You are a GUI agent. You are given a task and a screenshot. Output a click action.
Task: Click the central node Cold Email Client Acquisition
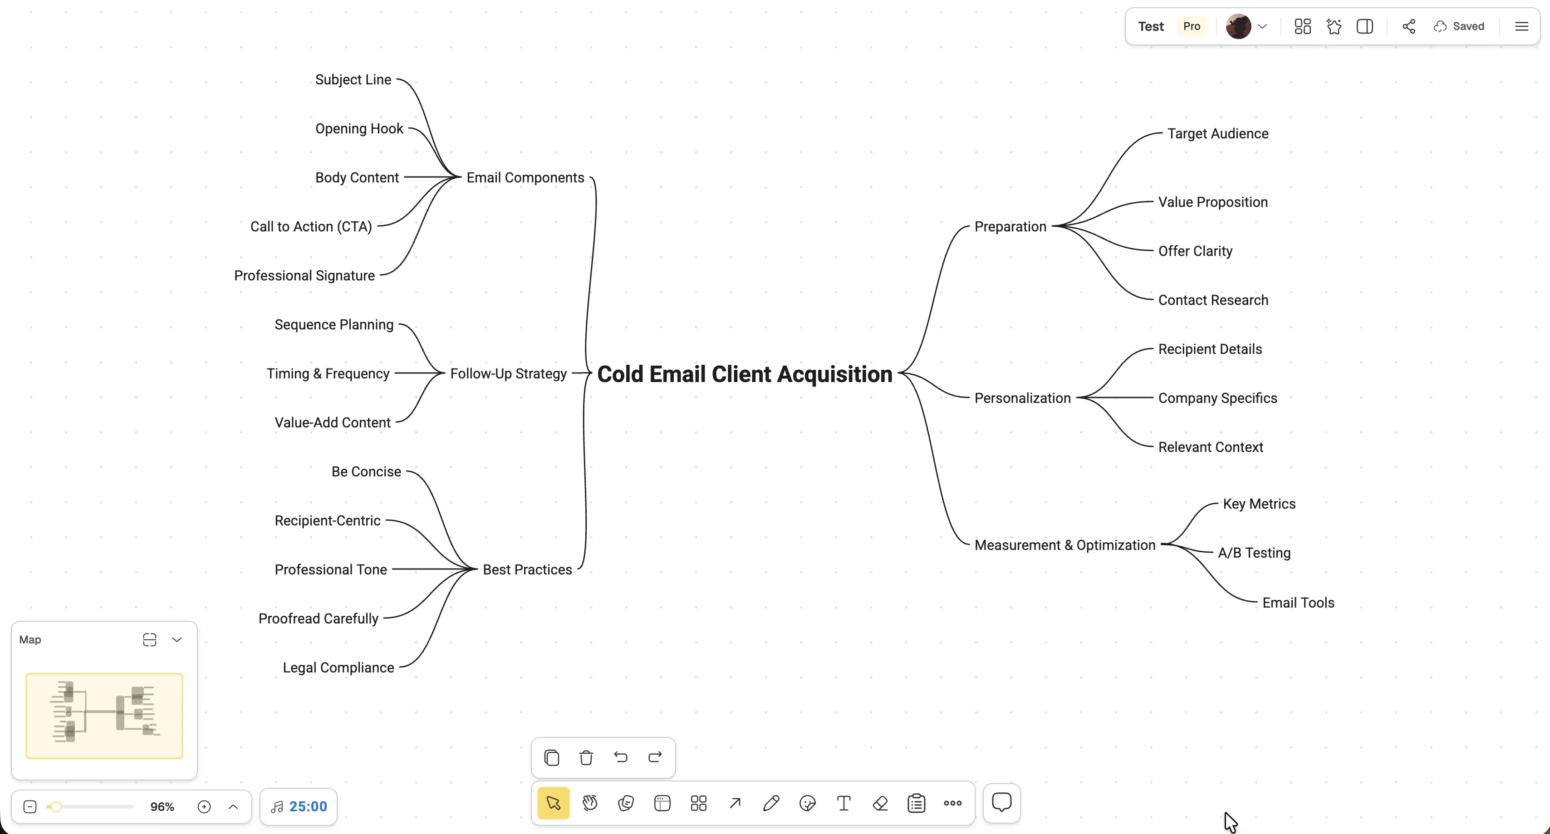coord(744,374)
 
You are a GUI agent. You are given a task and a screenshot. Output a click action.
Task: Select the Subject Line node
coord(353,79)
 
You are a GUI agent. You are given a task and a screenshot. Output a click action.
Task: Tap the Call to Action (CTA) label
coord(311,226)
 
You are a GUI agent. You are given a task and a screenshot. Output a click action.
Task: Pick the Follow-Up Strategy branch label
coord(509,374)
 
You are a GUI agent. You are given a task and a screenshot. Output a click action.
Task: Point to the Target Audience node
coord(1218,133)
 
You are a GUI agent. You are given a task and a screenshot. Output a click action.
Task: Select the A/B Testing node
coord(1254,552)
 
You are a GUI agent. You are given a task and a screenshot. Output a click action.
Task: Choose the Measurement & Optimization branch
coord(1065,545)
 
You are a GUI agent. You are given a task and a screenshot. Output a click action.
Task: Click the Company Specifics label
coord(1217,398)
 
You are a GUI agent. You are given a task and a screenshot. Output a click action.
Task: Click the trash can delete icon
coord(586,757)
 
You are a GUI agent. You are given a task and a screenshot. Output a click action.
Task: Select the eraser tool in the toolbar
coord(880,803)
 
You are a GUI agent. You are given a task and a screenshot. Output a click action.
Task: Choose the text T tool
coord(844,803)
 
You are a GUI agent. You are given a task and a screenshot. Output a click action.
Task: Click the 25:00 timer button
coord(299,806)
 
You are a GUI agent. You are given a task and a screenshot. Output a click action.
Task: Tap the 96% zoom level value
coord(162,806)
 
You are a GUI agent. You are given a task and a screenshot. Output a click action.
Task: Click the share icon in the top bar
coord(1408,26)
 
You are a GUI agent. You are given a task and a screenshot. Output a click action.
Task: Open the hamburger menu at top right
coord(1522,26)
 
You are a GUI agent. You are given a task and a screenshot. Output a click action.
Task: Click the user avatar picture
coord(1238,26)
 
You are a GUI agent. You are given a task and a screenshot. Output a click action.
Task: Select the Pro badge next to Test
coord(1192,26)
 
